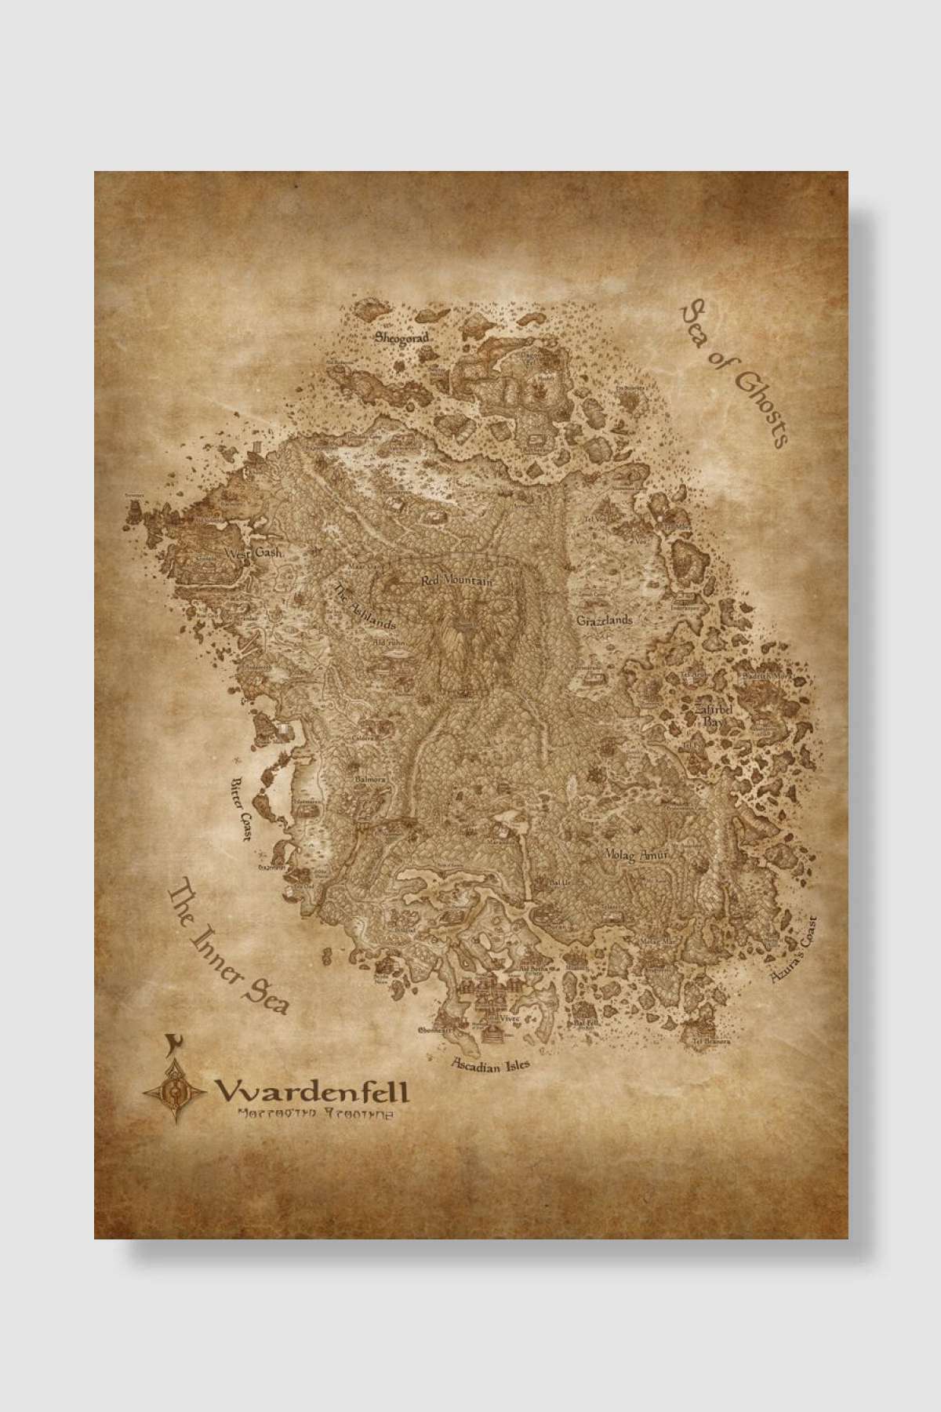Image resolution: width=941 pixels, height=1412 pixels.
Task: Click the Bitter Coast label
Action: (x=238, y=809)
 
